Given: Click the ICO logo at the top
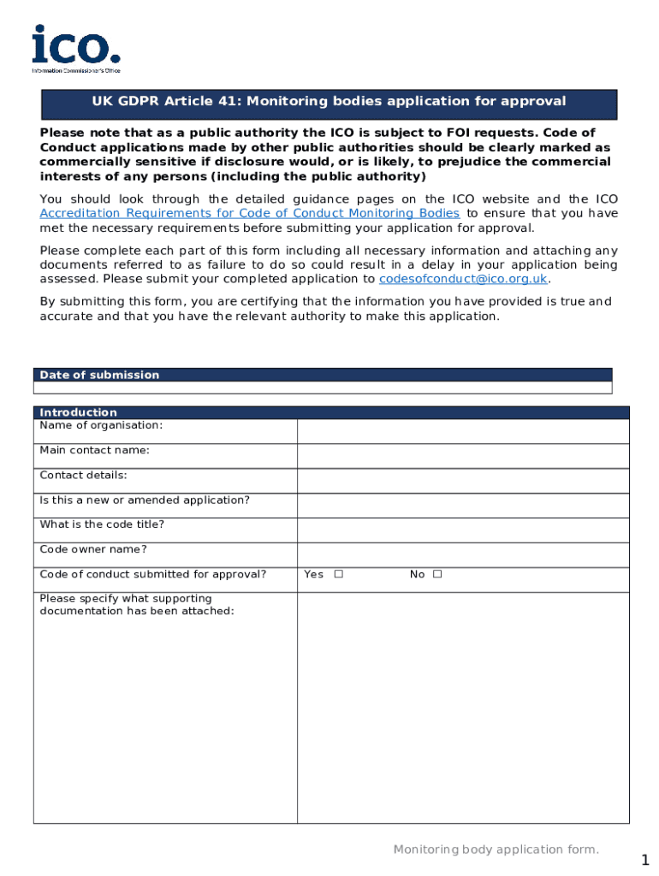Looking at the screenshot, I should pyautogui.click(x=75, y=49).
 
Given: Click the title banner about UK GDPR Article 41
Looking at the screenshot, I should pyautogui.click(x=329, y=103).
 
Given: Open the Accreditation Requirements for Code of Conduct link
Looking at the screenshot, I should pyautogui.click(x=249, y=214).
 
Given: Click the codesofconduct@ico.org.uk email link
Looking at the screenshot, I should pyautogui.click(x=462, y=280).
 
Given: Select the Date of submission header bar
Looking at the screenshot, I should pyautogui.click(x=323, y=375).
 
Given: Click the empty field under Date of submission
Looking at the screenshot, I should pyautogui.click(x=323, y=388).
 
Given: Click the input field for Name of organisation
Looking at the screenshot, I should pyautogui.click(x=462, y=431).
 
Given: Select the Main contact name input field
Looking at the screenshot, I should pyautogui.click(x=462, y=456).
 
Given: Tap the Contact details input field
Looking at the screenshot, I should pyautogui.click(x=462, y=481).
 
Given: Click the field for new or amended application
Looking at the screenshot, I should pyautogui.click(x=462, y=506).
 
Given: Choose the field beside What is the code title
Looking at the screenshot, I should pyautogui.click(x=462, y=530).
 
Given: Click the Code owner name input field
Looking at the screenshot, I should pyautogui.click(x=462, y=555).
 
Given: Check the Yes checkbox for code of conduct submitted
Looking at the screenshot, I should pyautogui.click(x=339, y=575).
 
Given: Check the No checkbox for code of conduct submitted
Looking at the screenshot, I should pyautogui.click(x=437, y=575).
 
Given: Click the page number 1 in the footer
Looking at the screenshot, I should pyautogui.click(x=644, y=860).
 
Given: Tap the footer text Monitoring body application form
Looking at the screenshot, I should pyautogui.click(x=496, y=849).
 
